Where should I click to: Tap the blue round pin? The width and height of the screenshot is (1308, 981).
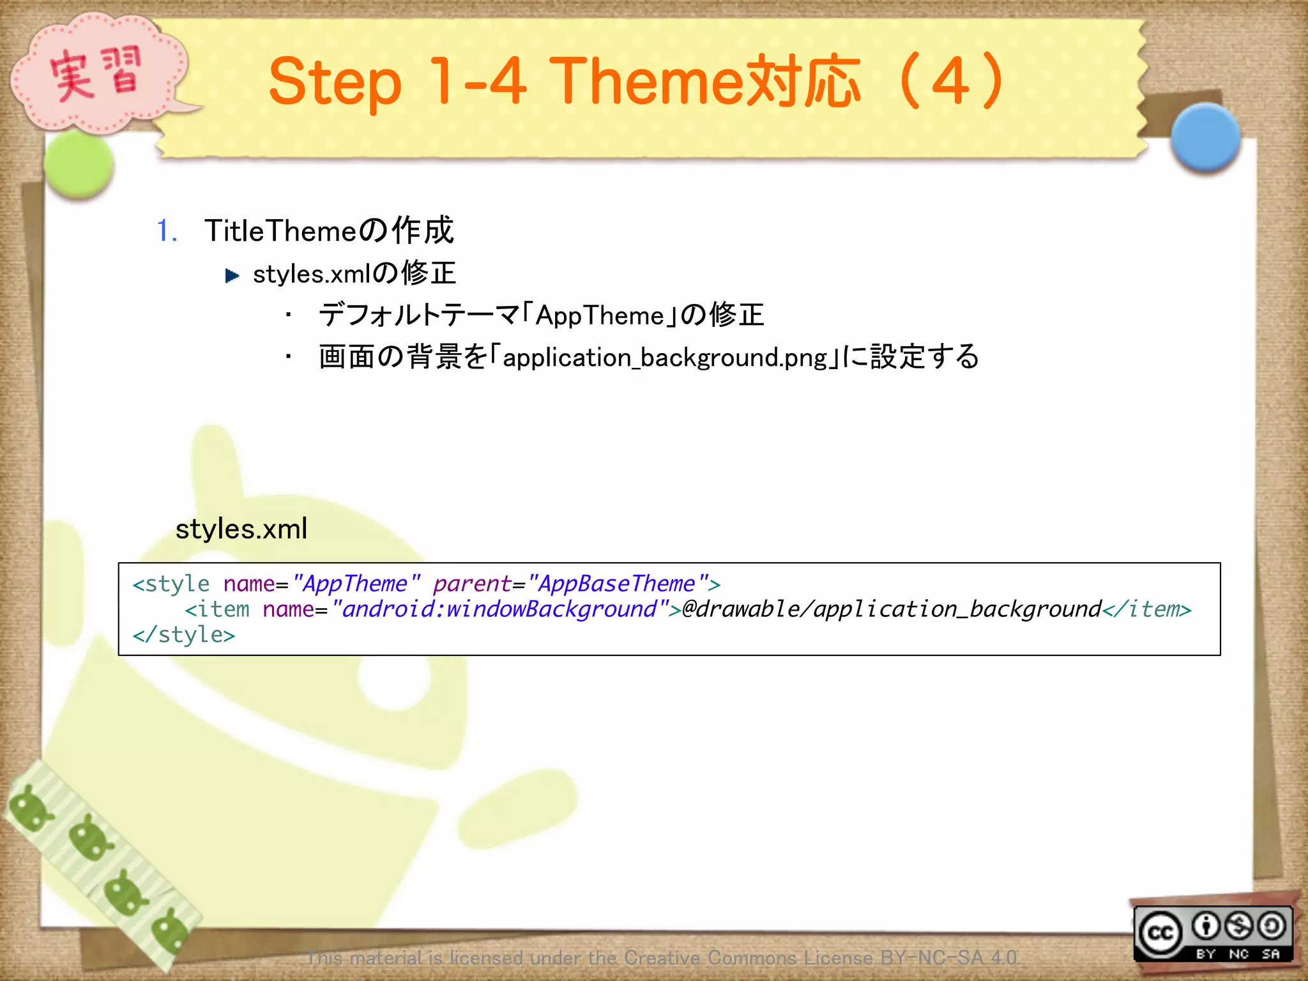pos(1205,137)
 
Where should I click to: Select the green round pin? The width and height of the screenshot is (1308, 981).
pos(79,164)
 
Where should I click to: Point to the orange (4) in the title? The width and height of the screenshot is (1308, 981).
pos(951,82)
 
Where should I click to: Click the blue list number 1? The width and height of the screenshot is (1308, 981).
pos(166,231)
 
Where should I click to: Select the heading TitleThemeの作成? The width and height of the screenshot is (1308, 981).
pos(329,231)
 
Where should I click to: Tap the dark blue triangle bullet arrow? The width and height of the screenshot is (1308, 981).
pos(232,276)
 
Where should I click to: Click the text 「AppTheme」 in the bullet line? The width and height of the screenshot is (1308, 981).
pos(599,316)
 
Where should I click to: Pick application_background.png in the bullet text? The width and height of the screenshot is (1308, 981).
pos(665,358)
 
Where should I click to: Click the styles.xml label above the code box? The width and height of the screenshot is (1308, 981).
pos(241,529)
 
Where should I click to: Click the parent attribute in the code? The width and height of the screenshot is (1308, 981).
pos(472,584)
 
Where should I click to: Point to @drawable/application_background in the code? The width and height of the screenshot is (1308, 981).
pos(892,609)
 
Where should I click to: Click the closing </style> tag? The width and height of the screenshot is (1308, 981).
pos(184,635)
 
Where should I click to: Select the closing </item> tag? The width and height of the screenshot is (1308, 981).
pos(1147,609)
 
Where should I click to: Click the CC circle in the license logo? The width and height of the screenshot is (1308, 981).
pos(1160,934)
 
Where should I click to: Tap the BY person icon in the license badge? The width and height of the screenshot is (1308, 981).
pos(1206,926)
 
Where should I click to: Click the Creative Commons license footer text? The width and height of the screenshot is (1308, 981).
pos(663,957)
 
